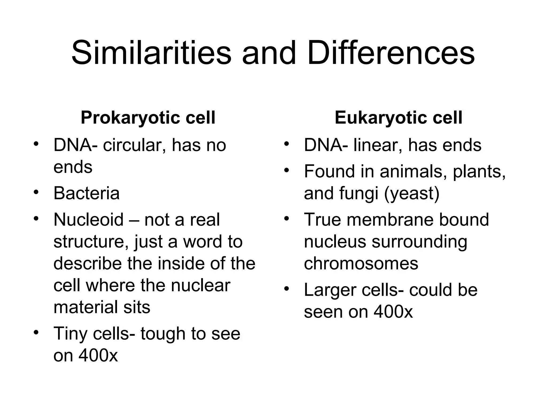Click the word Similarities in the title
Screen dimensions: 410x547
[x=151, y=53]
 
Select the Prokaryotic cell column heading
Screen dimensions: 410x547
[x=148, y=117]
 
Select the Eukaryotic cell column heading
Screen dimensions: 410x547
[x=398, y=117]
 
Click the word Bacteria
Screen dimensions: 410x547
[x=86, y=193]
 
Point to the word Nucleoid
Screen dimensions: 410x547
[x=88, y=220]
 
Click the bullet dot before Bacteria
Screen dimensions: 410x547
[x=36, y=192]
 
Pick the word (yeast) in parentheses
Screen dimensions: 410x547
[x=412, y=193]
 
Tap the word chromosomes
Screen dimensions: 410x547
[x=361, y=263]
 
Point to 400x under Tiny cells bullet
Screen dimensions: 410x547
[x=98, y=356]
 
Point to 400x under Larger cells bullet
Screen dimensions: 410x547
[x=393, y=312]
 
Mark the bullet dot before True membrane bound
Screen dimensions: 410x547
[x=287, y=219]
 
